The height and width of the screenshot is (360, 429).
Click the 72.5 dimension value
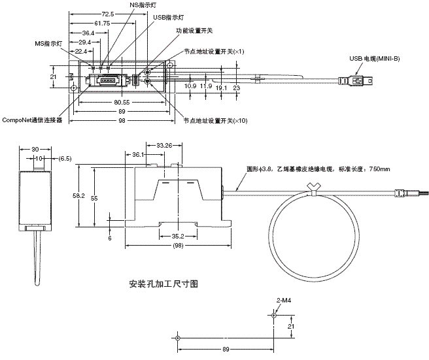pyautogui.click(x=109, y=12)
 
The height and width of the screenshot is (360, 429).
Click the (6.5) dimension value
pyautogui.click(x=65, y=157)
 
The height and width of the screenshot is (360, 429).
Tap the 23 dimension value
pyautogui.click(x=237, y=86)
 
